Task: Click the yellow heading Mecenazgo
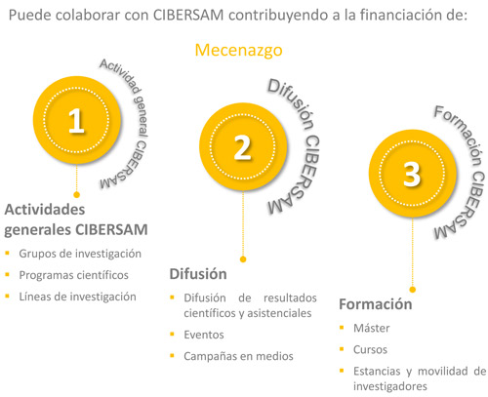click(238, 51)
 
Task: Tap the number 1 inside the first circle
click(76, 121)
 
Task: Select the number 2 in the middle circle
click(243, 148)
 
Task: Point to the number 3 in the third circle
click(412, 175)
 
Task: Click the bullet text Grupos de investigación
click(80, 254)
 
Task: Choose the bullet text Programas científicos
click(74, 275)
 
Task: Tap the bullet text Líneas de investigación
click(77, 297)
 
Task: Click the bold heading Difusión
click(198, 274)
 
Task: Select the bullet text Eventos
click(204, 335)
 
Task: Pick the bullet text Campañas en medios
click(238, 356)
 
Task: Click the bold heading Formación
click(376, 304)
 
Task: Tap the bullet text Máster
click(372, 328)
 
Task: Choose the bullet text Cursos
click(370, 349)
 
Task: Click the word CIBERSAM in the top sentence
click(188, 16)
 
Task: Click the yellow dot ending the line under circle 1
click(77, 195)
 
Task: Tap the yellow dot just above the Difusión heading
click(243, 259)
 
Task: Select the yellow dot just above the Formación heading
click(413, 290)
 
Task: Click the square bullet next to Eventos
click(173, 334)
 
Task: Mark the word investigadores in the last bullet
click(390, 386)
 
